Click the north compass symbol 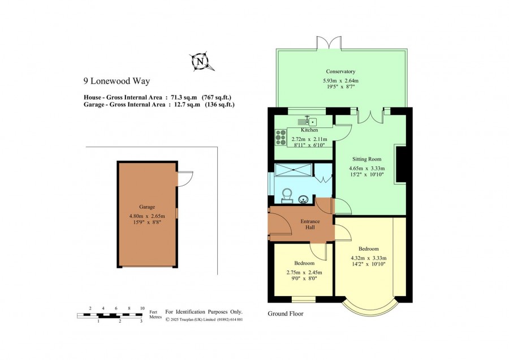coord(201,61)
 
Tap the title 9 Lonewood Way coord(117,81)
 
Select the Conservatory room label coord(340,71)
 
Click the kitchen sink coord(308,122)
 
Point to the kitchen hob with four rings coord(281,137)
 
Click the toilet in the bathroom coord(287,196)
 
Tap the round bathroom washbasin coord(304,199)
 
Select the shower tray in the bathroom coord(294,170)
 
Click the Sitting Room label coord(367,159)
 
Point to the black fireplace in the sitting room coord(400,164)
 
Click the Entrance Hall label coord(310,224)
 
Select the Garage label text coord(147,207)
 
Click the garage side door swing coord(186,179)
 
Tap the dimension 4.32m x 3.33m coord(368,258)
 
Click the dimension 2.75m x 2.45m coord(304,272)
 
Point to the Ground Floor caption coord(286,314)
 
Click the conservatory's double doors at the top coord(329,43)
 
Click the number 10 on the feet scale coord(142,308)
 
